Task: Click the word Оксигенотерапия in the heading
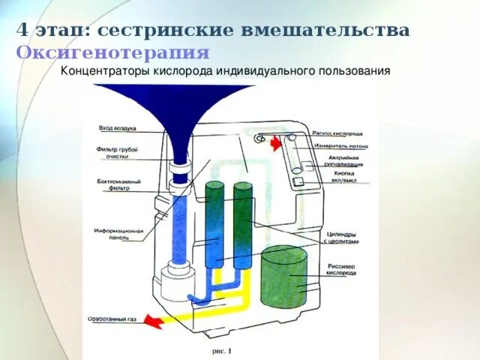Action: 113,52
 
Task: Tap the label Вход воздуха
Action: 117,128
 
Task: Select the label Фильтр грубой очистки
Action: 118,153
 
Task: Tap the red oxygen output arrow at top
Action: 275,142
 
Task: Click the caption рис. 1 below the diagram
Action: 223,349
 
